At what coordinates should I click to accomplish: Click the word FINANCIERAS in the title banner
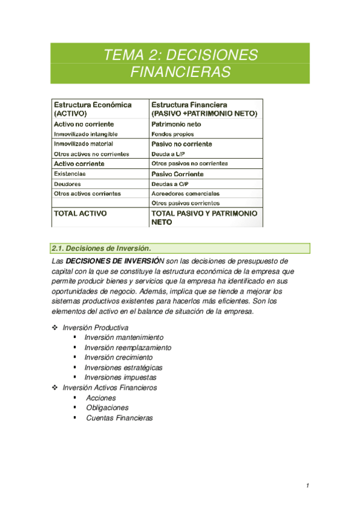(180, 73)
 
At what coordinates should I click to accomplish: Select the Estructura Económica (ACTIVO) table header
(93, 108)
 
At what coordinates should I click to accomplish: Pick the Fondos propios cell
(172, 134)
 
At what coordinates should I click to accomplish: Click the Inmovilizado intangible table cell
(86, 134)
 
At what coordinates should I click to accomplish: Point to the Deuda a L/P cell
(168, 154)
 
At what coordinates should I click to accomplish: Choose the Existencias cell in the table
(70, 174)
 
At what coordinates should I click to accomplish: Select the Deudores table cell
(67, 183)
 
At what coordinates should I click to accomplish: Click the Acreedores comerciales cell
(185, 194)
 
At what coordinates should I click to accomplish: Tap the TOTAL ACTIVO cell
(81, 213)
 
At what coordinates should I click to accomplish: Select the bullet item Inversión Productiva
(100, 328)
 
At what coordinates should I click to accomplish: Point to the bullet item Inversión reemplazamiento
(127, 348)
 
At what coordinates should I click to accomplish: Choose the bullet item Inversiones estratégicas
(123, 367)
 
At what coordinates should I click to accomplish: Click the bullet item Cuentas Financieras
(119, 417)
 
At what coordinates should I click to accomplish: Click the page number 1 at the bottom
(307, 486)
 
